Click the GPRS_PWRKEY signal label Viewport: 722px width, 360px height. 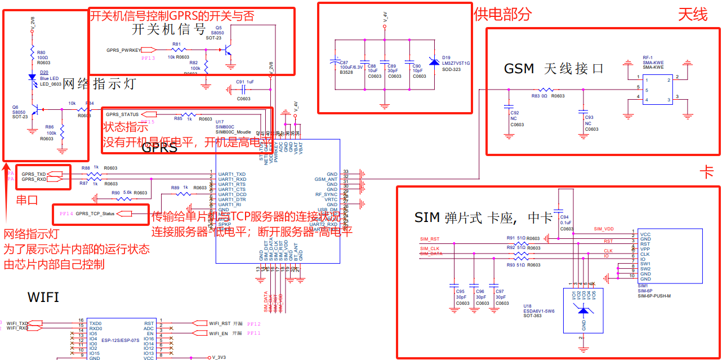124,50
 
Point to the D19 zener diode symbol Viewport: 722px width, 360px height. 434,61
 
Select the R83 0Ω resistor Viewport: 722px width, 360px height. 545,90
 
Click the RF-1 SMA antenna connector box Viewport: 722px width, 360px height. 653,90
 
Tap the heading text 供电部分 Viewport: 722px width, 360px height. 502,15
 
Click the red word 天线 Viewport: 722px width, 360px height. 693,15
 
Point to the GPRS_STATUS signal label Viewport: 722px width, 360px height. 122,114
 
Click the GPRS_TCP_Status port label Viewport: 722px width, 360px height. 95,214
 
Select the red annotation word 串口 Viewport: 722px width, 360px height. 27,199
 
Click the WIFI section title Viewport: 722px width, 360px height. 43,297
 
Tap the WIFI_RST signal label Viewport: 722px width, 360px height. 220,323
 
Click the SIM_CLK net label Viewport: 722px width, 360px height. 430,248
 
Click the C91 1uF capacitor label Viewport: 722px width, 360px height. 245,82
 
